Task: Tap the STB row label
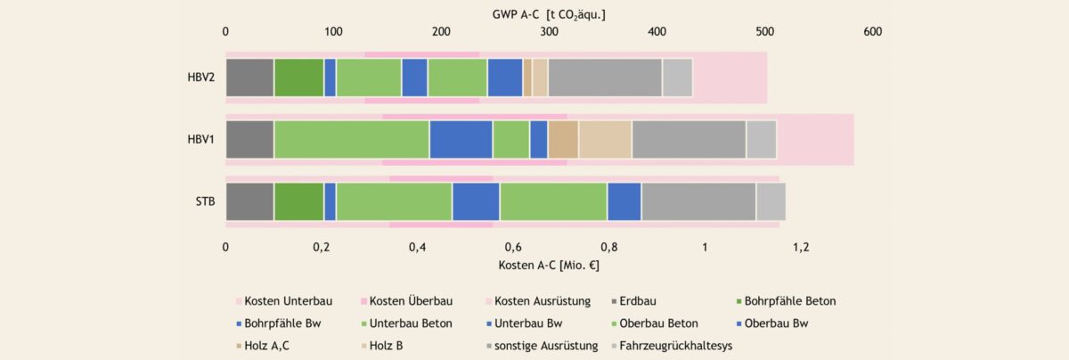point(206,201)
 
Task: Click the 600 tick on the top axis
point(872,32)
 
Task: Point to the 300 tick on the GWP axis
point(550,32)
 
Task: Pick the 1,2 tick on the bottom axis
point(800,247)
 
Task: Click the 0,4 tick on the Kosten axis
point(417,247)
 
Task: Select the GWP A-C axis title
point(549,14)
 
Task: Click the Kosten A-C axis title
point(550,265)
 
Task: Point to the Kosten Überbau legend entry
point(410,301)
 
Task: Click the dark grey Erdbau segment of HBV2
point(249,77)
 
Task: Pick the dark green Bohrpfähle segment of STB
point(298,201)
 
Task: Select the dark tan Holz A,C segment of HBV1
point(563,139)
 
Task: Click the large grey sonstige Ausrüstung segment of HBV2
point(605,77)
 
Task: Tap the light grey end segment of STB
point(771,201)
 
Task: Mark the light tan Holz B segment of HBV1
point(605,139)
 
